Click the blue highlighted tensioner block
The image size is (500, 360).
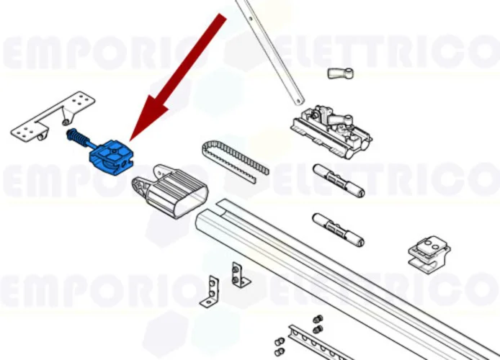pyautogui.click(x=112, y=156)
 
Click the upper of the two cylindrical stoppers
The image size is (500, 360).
pyautogui.click(x=337, y=180)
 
